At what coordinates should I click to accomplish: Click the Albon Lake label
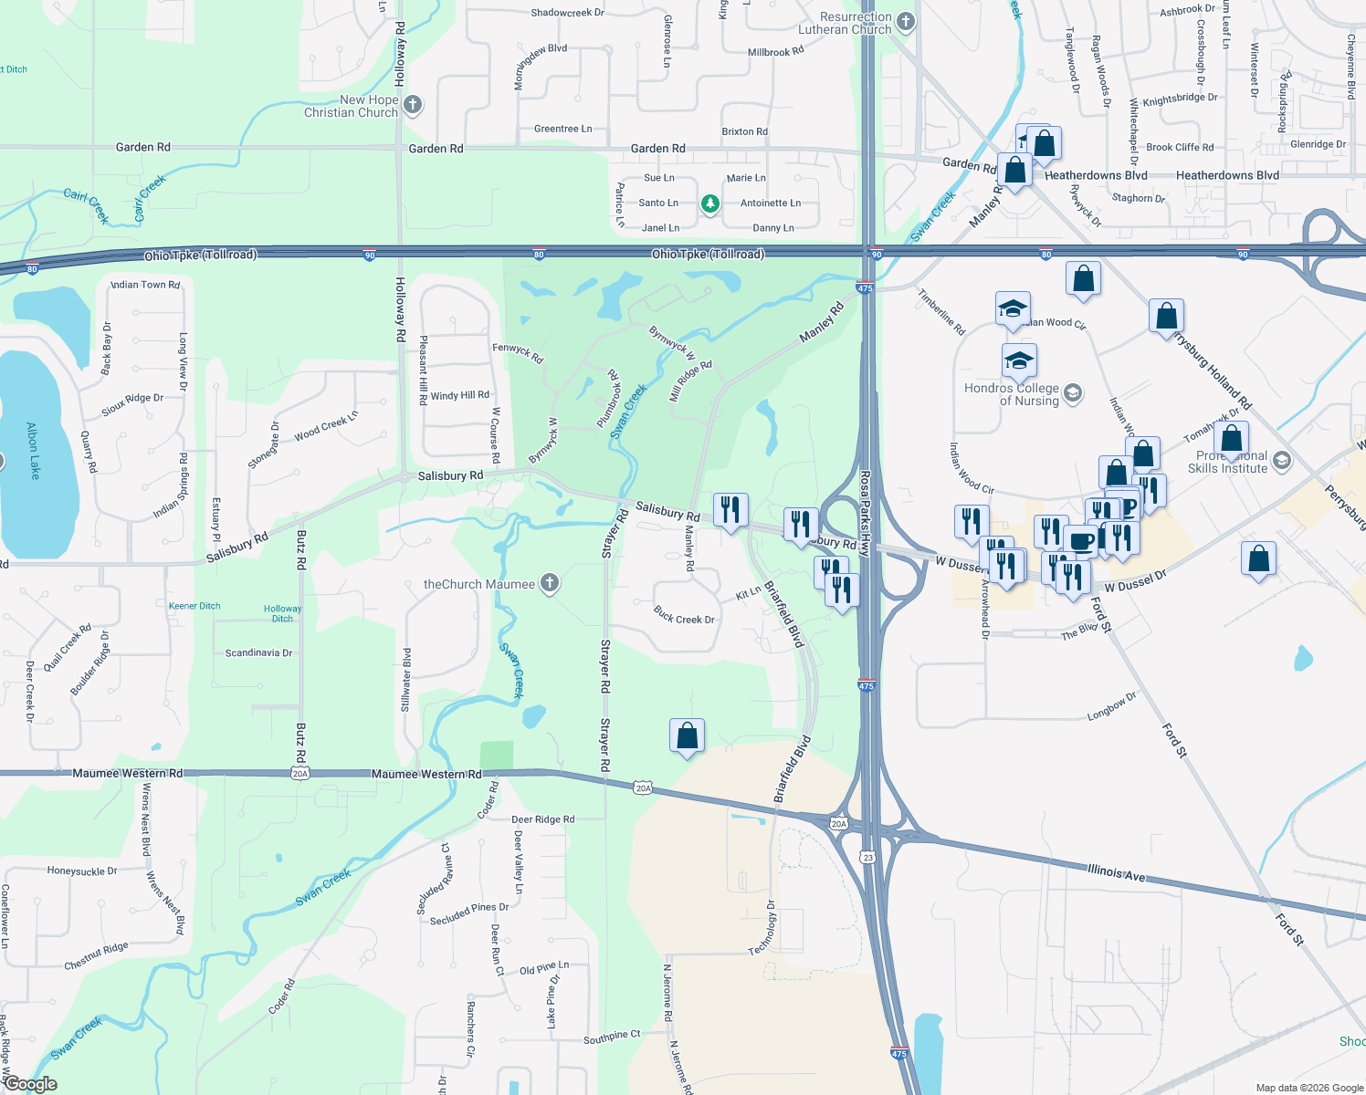coord(33,450)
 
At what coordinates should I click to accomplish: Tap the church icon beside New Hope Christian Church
coord(413,105)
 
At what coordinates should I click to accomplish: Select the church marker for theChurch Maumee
coord(549,583)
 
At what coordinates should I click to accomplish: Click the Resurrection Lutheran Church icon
coord(905,22)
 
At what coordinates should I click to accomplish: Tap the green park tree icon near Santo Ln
coord(710,203)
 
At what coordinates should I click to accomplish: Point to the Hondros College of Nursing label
coord(1012,394)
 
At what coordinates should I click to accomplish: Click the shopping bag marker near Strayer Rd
coord(687,735)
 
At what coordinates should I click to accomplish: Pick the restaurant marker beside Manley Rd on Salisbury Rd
coord(730,509)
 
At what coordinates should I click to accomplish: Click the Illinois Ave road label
coord(1116,872)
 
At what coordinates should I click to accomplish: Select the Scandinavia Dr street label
coord(258,652)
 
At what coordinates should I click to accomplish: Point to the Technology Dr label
coord(762,928)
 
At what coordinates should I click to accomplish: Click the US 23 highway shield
coord(867,857)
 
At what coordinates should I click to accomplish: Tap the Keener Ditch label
coord(194,606)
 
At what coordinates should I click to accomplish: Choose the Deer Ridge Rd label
coord(542,819)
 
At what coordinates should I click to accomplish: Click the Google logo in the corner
coord(30,1084)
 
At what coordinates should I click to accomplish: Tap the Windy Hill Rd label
coord(459,395)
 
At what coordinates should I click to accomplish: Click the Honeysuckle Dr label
coord(82,871)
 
